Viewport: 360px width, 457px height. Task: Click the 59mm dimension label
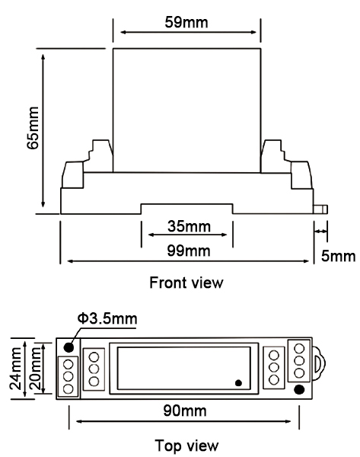(x=186, y=21)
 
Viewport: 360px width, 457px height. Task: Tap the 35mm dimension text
(x=187, y=226)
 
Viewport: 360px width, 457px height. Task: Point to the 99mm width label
(x=187, y=251)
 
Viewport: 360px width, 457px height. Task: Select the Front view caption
(x=186, y=283)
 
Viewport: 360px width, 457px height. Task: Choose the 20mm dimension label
(x=34, y=367)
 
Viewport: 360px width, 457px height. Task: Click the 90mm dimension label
(x=186, y=411)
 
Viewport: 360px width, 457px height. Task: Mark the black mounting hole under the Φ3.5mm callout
(x=69, y=347)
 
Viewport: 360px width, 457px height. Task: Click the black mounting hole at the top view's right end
(x=300, y=391)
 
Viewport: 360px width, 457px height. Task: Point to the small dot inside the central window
(x=238, y=382)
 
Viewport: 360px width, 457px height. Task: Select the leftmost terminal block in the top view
(x=69, y=376)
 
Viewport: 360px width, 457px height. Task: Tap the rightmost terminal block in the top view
(x=300, y=361)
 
